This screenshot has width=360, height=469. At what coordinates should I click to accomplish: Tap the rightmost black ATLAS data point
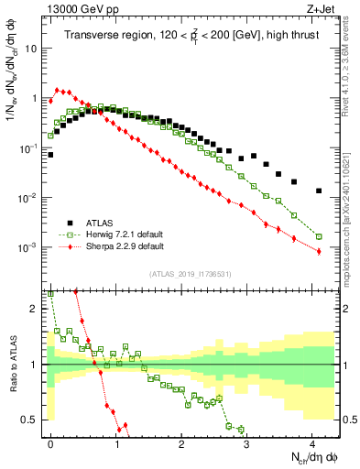319,191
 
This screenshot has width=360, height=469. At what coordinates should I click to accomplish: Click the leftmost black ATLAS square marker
50,155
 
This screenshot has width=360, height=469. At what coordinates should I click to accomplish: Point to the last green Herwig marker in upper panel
319,236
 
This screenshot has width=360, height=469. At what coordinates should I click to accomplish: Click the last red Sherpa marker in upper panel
319,251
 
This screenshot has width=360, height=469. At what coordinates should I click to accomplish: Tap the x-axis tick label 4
312,442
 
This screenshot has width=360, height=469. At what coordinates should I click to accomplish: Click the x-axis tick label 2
181,442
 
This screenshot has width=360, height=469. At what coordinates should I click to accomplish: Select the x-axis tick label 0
51,442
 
